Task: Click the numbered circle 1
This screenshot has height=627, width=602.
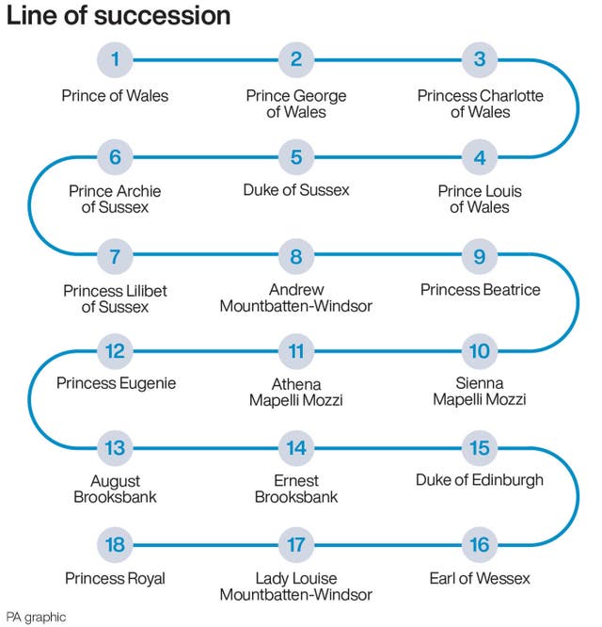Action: tap(115, 60)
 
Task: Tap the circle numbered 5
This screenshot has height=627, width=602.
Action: tap(296, 157)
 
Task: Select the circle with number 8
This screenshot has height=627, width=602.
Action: tap(296, 255)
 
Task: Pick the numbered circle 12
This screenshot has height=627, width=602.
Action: tap(115, 352)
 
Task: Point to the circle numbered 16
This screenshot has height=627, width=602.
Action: tap(480, 544)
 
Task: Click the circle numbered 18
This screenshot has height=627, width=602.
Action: tap(115, 544)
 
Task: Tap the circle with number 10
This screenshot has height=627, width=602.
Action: tap(480, 352)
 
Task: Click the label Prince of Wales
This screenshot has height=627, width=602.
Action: tap(115, 95)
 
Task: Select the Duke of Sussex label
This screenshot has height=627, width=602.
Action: tap(296, 190)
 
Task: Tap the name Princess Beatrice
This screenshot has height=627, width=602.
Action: tap(480, 289)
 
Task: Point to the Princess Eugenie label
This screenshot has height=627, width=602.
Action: tap(116, 383)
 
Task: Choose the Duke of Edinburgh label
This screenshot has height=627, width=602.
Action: tap(480, 480)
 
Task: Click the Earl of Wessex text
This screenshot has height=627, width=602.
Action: tap(480, 578)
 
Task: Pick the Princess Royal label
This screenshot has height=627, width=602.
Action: tap(115, 578)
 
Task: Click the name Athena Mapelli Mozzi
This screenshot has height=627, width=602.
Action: tap(296, 392)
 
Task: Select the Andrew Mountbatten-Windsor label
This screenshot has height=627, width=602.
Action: tap(296, 297)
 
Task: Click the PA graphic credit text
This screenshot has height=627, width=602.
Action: tap(36, 617)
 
